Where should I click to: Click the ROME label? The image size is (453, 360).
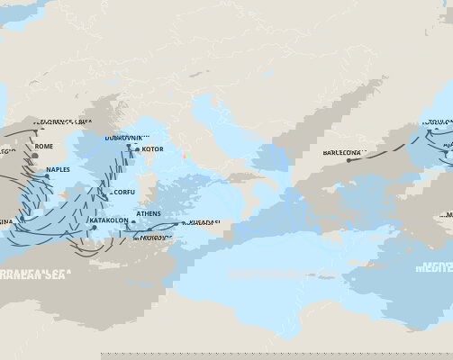[44, 146]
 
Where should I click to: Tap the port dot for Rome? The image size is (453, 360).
[34, 155]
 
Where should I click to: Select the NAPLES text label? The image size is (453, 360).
[58, 169]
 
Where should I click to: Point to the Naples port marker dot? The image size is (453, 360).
[47, 176]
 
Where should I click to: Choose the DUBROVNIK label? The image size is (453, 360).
[126, 138]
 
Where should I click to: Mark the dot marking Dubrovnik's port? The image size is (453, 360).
[129, 146]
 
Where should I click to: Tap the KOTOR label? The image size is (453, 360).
[152, 148]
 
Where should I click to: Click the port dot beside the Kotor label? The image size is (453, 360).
[137, 149]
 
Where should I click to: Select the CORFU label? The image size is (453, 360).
[124, 192]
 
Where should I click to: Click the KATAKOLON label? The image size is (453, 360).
[113, 220]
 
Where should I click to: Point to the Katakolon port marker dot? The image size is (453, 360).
[94, 227]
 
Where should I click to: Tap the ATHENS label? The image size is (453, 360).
[149, 214]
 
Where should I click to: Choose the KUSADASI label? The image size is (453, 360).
[202, 221]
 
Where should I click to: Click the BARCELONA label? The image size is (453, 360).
[342, 152]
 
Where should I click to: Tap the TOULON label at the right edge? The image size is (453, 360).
[439, 121]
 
